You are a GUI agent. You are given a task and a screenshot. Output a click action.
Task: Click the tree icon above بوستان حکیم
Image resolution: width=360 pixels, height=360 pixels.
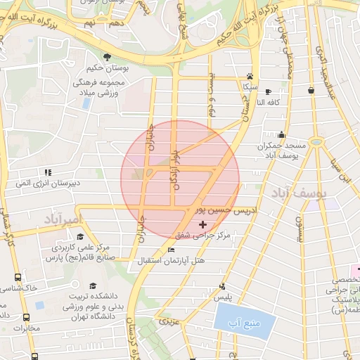pos(107,56)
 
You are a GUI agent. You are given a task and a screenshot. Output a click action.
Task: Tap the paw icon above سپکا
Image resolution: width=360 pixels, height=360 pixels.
pos(250,75)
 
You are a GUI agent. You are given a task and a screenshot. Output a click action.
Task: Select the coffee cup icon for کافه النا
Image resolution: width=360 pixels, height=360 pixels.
pos(268,91)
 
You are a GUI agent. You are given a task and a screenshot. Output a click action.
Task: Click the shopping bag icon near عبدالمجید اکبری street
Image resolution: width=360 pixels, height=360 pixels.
pos(310,89)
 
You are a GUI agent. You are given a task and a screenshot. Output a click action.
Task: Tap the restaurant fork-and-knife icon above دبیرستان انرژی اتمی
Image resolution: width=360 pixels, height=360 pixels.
pos(48,172)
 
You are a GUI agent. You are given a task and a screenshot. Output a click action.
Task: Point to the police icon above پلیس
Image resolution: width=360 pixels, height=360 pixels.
pos(222,286)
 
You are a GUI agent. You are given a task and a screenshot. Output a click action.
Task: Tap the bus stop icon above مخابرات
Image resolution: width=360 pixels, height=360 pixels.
pos(25,317)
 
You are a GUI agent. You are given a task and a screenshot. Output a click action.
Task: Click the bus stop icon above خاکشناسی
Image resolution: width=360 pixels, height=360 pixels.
pos(17,276)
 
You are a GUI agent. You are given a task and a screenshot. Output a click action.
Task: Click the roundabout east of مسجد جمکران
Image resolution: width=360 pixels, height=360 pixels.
pos(317,143)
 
